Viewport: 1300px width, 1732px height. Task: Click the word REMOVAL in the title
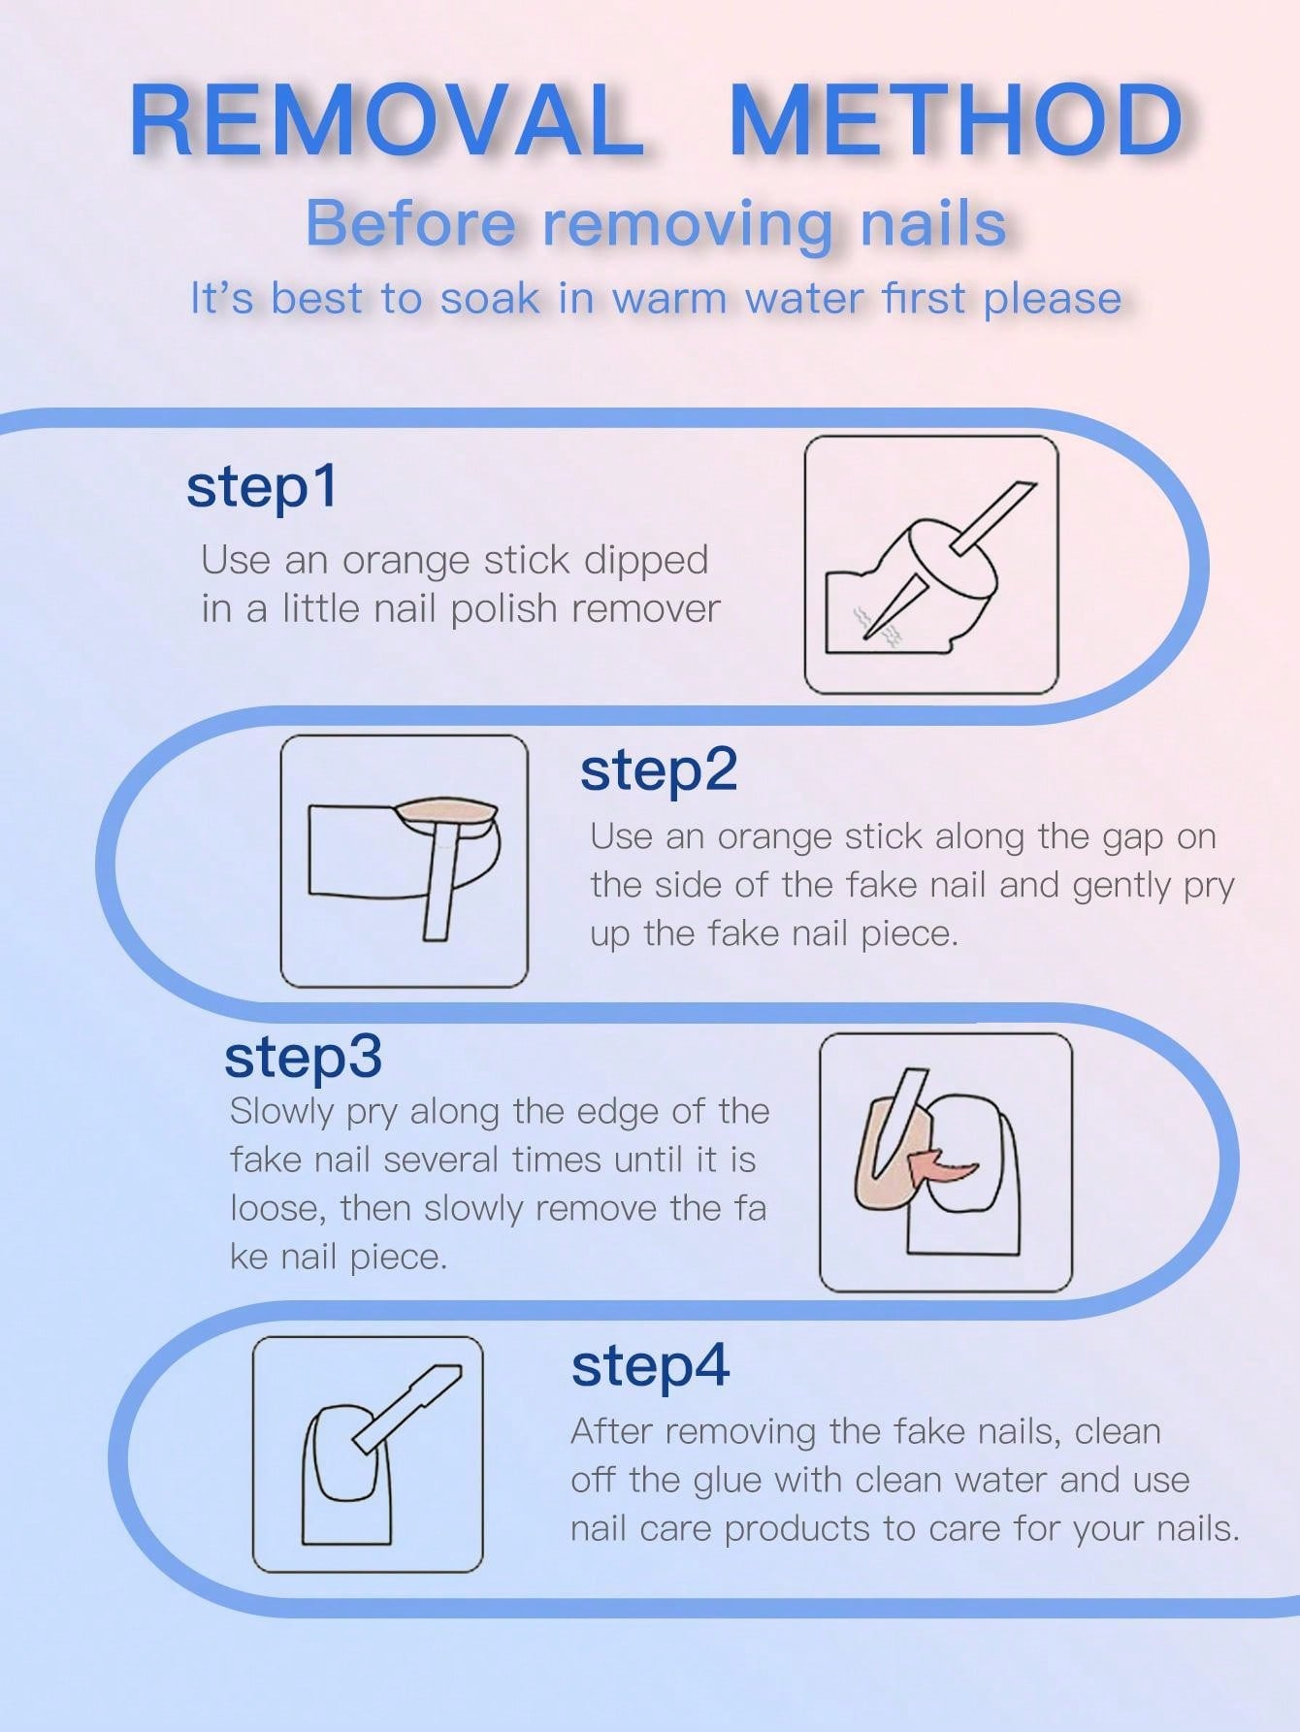pyautogui.click(x=388, y=120)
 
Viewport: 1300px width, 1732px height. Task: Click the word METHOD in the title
pyautogui.click(x=956, y=120)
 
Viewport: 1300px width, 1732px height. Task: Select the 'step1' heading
pyautogui.click(x=262, y=486)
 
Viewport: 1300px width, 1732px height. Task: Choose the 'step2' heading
pyautogui.click(x=659, y=769)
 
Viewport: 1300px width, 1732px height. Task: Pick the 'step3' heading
pyautogui.click(x=303, y=1058)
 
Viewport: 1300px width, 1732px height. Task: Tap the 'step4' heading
pyautogui.click(x=650, y=1365)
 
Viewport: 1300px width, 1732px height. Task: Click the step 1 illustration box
pyautogui.click(x=931, y=564)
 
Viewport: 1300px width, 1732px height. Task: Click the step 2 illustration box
pyautogui.click(x=405, y=861)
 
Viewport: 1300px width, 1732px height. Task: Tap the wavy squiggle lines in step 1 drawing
pyautogui.click(x=880, y=624)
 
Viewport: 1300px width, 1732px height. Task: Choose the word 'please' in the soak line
pyautogui.click(x=1052, y=300)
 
